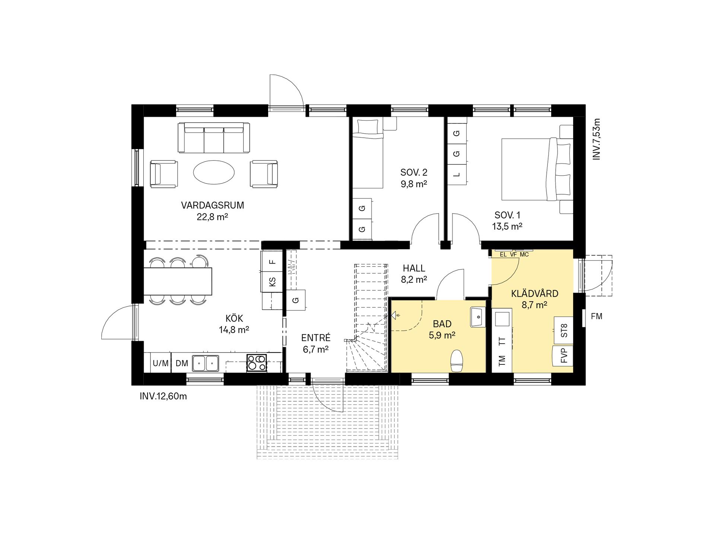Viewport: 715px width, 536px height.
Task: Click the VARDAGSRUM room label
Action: pos(212,205)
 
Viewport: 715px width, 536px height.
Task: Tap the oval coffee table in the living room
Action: pos(214,172)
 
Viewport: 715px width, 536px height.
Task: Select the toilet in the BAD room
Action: pos(457,361)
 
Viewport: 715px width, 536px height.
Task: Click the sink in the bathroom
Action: pos(478,317)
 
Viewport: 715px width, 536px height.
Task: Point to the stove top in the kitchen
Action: pos(257,362)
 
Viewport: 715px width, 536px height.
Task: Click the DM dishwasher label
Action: pos(182,363)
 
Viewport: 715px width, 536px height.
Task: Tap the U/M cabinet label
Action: pos(161,363)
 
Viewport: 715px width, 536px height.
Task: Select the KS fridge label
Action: pos(272,282)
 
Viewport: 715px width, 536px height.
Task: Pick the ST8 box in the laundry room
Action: pos(564,330)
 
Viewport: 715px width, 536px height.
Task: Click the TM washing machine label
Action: pos(502,360)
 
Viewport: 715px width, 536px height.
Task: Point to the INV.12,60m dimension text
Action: pos(163,396)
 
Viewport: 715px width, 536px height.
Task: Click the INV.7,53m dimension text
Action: pos(597,139)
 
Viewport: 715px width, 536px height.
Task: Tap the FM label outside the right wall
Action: pos(597,316)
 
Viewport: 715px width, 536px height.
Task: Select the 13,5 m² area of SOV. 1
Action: pos(507,226)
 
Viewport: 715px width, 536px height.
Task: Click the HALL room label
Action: pos(414,268)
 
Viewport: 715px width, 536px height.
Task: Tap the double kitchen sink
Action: pos(206,363)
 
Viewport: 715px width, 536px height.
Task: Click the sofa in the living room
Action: pos(214,137)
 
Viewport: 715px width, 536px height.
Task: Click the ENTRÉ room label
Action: pos(316,338)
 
